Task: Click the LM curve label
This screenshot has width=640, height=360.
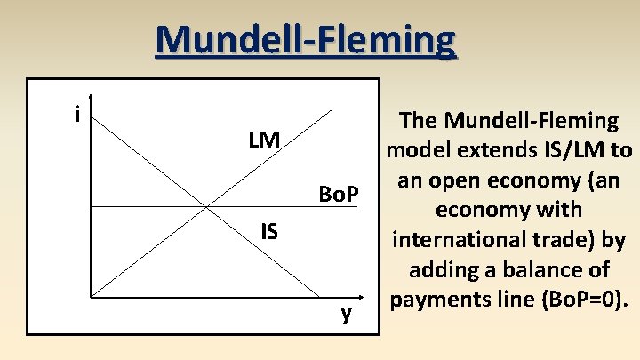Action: point(264,140)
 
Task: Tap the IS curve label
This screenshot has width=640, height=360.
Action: point(269,232)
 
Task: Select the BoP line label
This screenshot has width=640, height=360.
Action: point(338,194)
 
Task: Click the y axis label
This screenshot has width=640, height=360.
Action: point(347,313)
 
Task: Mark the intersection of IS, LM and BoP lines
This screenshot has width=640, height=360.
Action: point(206,208)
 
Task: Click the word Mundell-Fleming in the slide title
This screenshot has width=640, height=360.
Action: point(306,40)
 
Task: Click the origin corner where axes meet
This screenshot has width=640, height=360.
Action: point(91,296)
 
